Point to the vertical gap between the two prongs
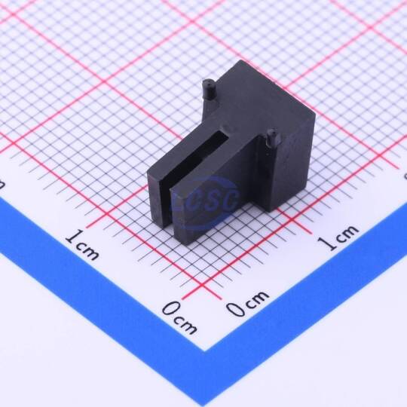[166, 205]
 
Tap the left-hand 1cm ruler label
[82, 244]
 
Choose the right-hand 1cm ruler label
[338, 237]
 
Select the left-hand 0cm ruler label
[179, 318]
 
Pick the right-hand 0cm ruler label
[247, 304]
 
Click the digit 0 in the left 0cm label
[170, 309]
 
